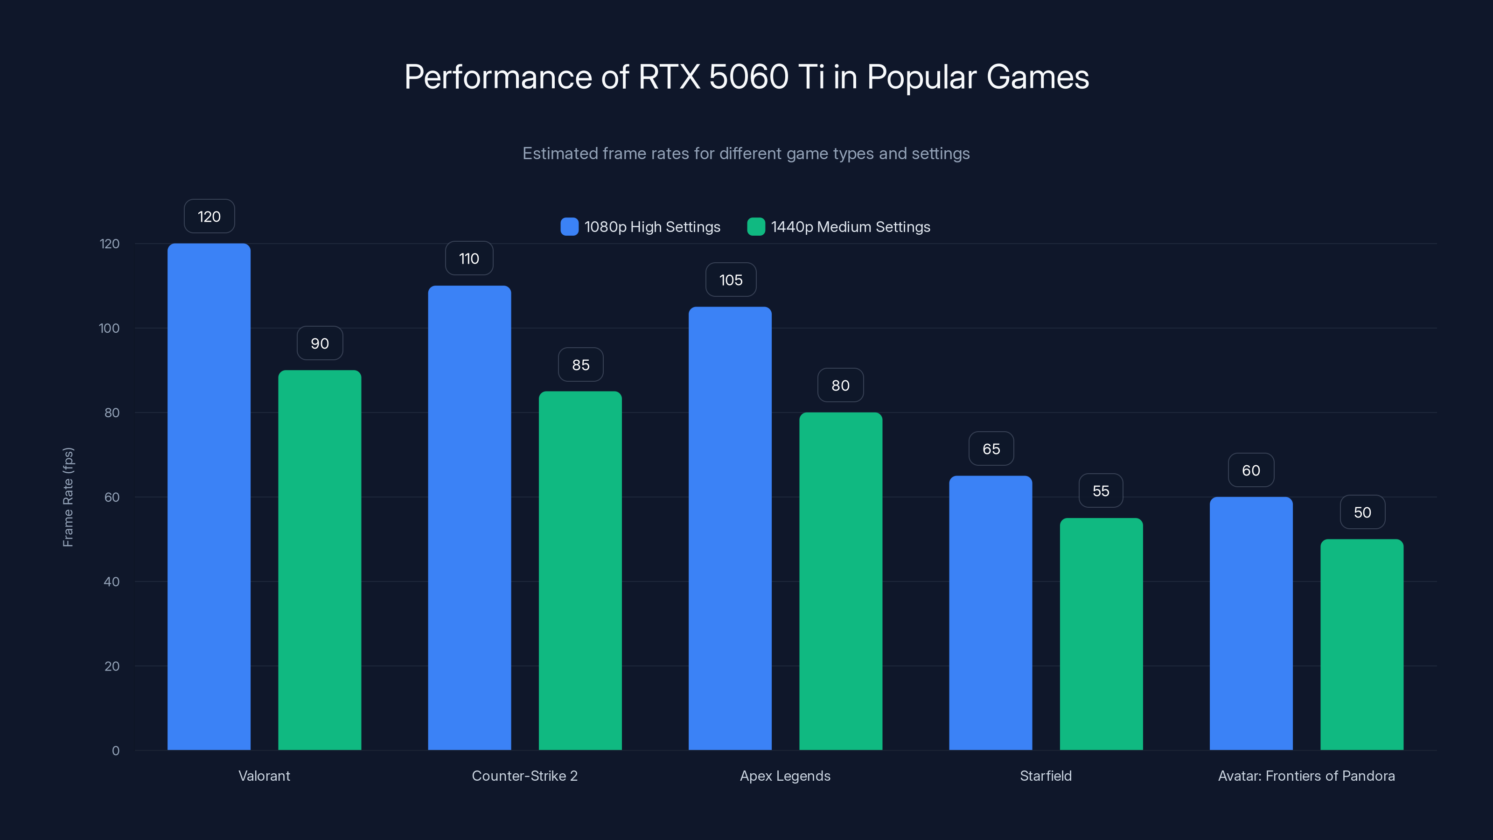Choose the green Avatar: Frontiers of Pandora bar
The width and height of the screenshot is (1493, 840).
click(x=1361, y=644)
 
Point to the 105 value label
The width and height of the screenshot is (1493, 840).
click(x=730, y=280)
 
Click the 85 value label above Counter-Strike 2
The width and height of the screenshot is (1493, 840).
click(x=580, y=364)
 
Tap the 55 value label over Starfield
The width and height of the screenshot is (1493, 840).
click(x=1101, y=491)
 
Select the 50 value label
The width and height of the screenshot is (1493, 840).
click(x=1362, y=512)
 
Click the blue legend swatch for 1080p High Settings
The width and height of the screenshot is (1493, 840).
click(x=569, y=227)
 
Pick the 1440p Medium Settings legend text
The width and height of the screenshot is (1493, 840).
click(x=850, y=227)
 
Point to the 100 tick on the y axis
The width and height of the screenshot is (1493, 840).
click(x=109, y=328)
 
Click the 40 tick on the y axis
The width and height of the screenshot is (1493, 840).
click(x=112, y=581)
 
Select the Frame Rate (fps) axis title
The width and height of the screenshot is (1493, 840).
click(x=68, y=497)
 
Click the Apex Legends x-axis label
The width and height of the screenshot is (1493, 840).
click(x=785, y=776)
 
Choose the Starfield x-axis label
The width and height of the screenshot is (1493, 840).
click(x=1046, y=776)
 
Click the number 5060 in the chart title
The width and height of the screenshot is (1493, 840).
click(x=748, y=77)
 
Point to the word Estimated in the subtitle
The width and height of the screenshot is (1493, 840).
click(x=560, y=154)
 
